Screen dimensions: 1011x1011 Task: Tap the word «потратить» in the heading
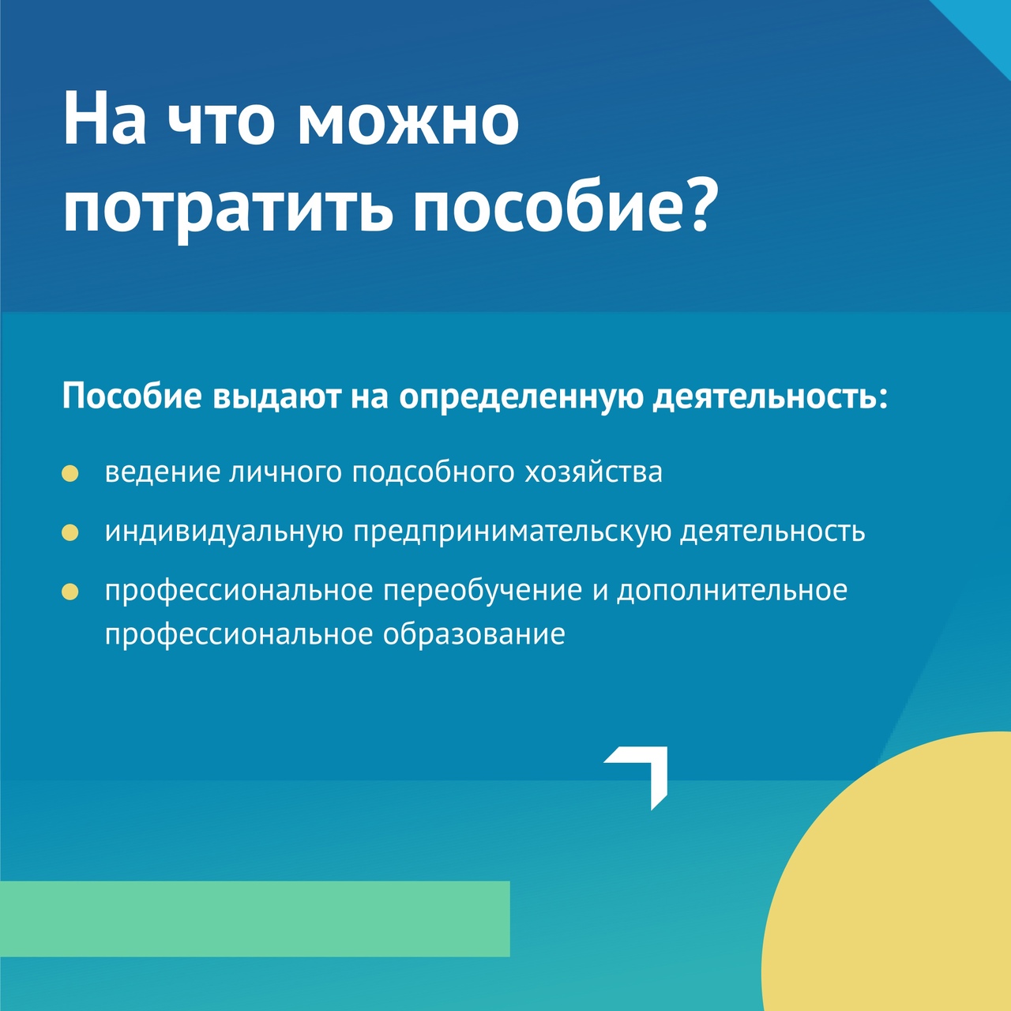(x=227, y=208)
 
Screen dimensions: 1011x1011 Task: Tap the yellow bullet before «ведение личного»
(x=70, y=473)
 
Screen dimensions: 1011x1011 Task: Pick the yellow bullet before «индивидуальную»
(x=70, y=532)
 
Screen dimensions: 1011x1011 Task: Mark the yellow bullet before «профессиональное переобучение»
(x=70, y=592)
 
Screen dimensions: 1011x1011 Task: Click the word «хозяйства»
(x=594, y=472)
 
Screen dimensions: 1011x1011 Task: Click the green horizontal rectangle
(x=254, y=919)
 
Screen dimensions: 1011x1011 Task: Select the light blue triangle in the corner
(x=987, y=24)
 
